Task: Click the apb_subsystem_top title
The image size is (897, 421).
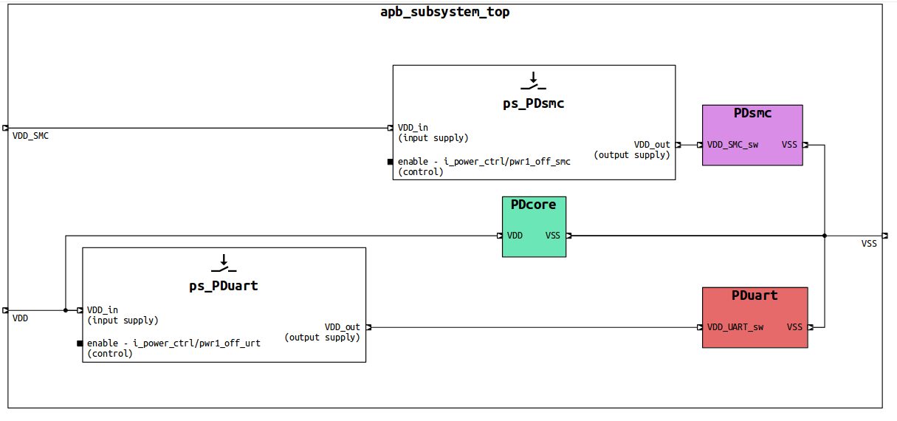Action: pos(444,12)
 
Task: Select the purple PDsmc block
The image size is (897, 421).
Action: pos(752,134)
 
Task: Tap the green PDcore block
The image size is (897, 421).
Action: pos(534,227)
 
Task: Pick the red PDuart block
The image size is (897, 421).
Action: pos(755,317)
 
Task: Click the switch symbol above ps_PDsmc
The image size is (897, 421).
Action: pos(533,81)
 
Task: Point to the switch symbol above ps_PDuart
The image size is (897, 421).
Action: pos(224,263)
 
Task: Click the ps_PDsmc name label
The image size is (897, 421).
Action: pos(533,103)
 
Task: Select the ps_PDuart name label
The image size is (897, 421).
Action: pos(224,286)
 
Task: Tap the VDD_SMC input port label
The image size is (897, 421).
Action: pos(30,136)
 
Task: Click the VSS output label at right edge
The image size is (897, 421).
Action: pos(869,243)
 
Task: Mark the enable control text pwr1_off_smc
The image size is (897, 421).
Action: pos(484,162)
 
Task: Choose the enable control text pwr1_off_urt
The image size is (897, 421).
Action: pos(173,343)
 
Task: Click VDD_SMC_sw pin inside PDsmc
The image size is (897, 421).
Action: pos(732,145)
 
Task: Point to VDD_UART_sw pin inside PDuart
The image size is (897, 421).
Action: pos(735,327)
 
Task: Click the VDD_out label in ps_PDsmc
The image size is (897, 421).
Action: pos(652,145)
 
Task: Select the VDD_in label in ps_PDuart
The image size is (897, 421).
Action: pos(102,310)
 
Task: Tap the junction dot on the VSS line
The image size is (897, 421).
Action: pos(825,236)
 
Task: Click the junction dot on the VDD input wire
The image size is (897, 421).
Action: pos(66,310)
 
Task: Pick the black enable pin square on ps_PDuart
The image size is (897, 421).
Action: pos(80,343)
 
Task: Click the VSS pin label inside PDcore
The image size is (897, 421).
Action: pos(553,236)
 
